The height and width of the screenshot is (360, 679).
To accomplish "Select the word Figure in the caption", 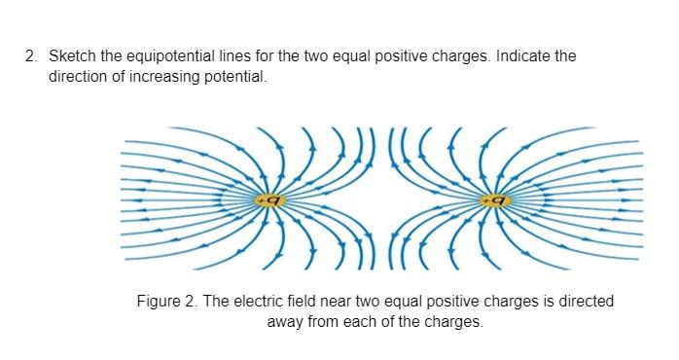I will point(159,302).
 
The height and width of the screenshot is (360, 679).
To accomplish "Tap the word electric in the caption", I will point(254,302).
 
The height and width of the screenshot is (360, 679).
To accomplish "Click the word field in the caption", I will point(302,302).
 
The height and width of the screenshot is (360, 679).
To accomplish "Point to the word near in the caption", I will point(338,302).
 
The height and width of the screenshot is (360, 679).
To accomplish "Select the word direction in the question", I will point(79,75).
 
